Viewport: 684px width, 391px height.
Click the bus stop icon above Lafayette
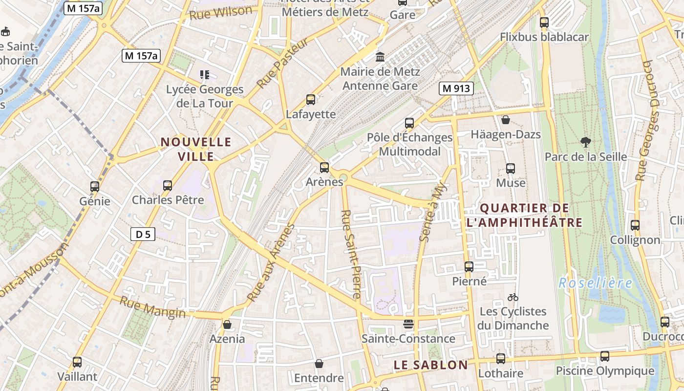pos(311,100)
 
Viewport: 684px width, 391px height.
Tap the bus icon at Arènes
pos(324,168)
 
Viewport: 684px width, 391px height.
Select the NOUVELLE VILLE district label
pos(196,149)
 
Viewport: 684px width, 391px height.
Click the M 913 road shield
pos(456,88)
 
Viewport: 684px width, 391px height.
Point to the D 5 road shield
pos(143,235)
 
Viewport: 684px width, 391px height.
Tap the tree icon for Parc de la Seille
pos(585,142)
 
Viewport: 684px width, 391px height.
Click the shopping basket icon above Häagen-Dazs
pos(506,120)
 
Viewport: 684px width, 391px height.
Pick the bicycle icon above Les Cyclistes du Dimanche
pos(513,297)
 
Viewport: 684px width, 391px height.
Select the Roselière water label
pos(595,283)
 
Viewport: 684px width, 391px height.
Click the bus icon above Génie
pos(95,186)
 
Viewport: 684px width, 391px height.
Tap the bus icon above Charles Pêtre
pos(168,186)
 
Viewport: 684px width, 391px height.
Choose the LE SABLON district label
pos(431,365)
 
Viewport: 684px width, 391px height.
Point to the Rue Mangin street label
pos(152,307)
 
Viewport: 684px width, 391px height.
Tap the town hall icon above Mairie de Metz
pos(380,57)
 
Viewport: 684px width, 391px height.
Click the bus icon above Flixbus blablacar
pos(544,22)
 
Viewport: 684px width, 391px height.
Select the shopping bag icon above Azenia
pos(227,324)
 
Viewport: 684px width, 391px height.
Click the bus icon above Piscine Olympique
pos(605,356)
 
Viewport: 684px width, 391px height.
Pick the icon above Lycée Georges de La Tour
pos(205,75)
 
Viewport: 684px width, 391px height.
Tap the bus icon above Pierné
pos(469,267)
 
